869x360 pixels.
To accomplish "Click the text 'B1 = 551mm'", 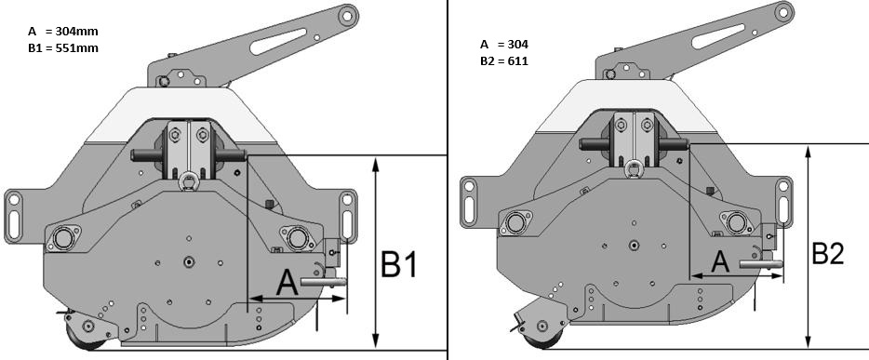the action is (63, 48).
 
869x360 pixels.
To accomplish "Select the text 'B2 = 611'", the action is (504, 60).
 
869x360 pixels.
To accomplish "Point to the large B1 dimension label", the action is (398, 265).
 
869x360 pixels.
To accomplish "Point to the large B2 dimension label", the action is (828, 254).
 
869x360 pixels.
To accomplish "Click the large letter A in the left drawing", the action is (287, 283).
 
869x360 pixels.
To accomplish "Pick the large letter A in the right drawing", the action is (720, 261).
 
